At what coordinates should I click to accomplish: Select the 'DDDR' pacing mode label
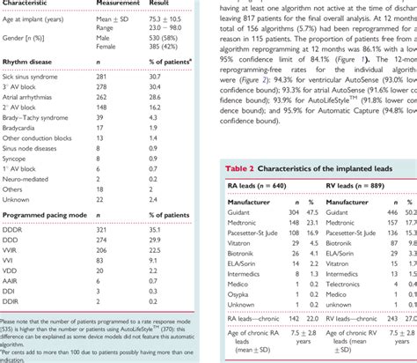coord(13,229)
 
